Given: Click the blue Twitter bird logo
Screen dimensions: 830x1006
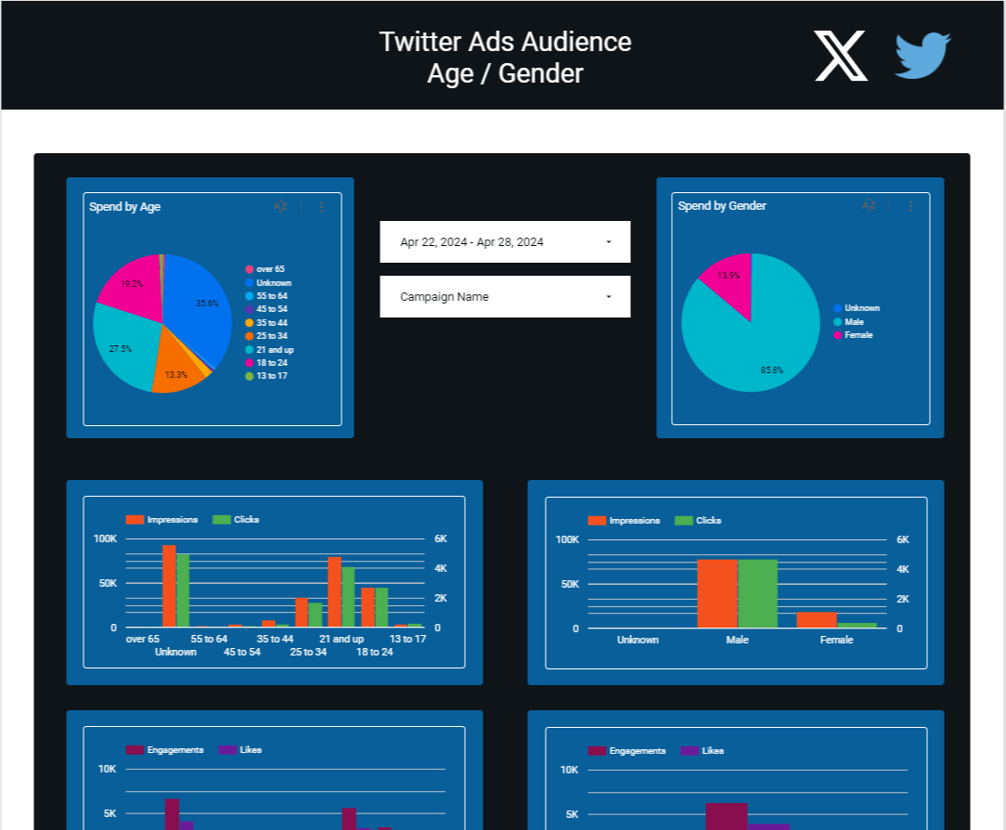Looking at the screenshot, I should coord(922,56).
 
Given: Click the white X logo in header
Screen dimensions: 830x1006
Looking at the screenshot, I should coord(841,56).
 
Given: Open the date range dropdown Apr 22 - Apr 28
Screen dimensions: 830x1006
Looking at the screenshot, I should coord(505,242).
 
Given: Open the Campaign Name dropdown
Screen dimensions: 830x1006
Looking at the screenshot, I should coord(505,297).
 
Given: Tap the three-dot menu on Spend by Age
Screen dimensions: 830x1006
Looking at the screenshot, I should coord(322,207).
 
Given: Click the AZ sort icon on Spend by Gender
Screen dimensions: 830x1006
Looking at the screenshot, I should coord(869,206).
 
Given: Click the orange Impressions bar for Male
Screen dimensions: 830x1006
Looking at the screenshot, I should coord(716,594).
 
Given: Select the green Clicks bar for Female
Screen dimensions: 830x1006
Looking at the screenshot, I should coord(857,626).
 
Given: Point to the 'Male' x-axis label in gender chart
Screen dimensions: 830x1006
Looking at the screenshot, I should coord(737,640).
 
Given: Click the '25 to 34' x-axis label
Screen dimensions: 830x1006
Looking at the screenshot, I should coord(308,652).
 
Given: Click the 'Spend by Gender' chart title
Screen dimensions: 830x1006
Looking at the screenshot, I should coord(722,206).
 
